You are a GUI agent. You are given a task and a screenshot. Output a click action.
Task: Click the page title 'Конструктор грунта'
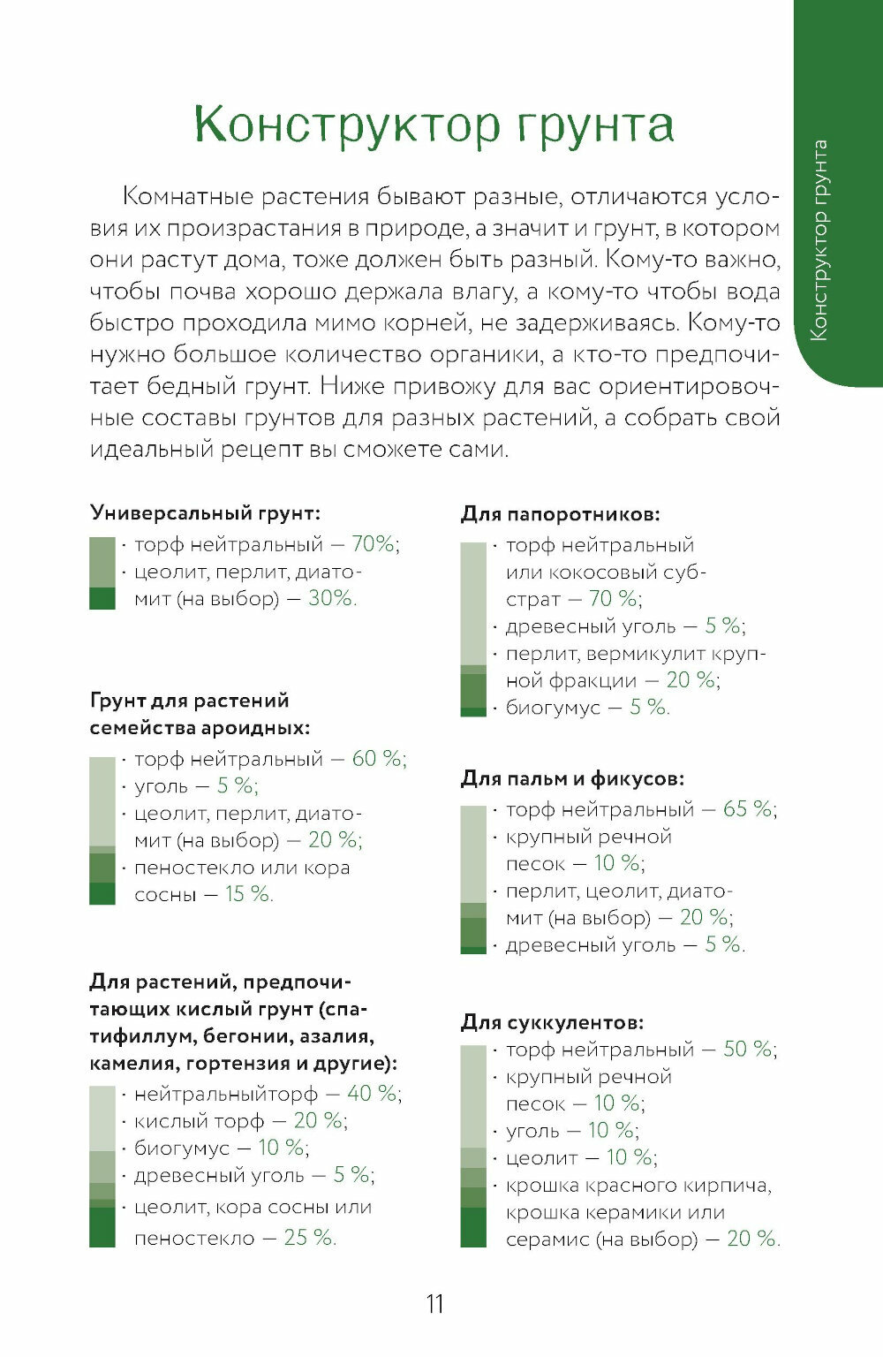(434, 125)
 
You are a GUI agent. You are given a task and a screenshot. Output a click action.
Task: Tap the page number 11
(434, 1304)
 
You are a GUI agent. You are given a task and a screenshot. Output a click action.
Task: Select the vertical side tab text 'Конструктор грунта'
(819, 239)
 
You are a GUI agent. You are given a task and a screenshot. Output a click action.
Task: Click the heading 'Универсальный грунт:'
(205, 512)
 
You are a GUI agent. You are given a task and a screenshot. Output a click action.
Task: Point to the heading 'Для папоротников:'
(560, 513)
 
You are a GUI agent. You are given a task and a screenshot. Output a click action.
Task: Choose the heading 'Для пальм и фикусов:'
(572, 778)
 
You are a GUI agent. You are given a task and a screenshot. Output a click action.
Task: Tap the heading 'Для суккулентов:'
(552, 1022)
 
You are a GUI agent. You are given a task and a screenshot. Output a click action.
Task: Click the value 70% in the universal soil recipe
(374, 543)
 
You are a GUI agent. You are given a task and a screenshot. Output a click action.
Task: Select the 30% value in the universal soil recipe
(331, 598)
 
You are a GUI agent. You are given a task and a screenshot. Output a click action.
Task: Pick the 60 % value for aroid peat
(378, 758)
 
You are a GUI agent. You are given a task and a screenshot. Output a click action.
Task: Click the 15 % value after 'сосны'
(248, 894)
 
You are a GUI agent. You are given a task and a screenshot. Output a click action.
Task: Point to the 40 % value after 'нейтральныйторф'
(373, 1093)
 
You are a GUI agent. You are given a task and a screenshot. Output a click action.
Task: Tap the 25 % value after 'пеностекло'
(309, 1238)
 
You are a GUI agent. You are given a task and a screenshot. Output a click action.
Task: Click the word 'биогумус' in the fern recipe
(553, 708)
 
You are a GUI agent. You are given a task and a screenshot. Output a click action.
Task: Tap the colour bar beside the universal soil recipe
(102, 572)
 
